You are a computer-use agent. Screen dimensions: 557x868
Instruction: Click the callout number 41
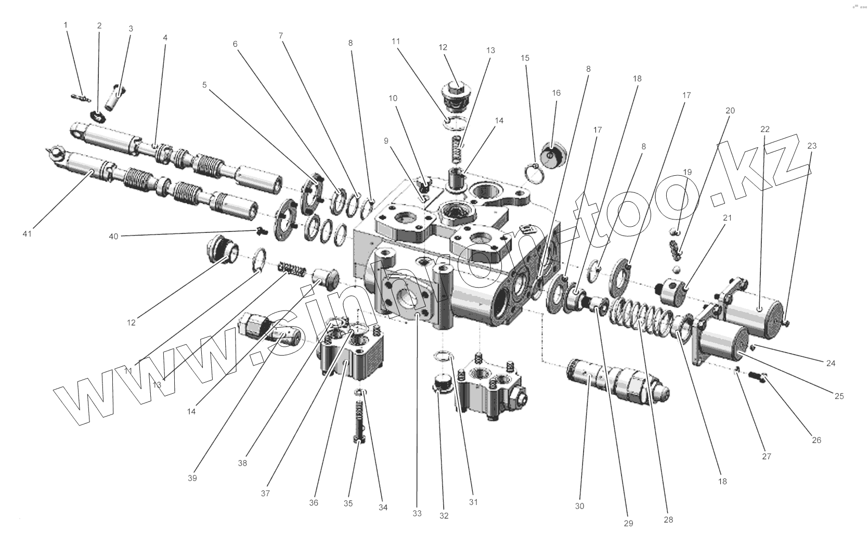pyautogui.click(x=27, y=234)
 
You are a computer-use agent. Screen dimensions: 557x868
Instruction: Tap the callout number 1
pyautogui.click(x=66, y=25)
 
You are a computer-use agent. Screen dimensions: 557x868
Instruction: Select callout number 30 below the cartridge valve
pyautogui.click(x=579, y=506)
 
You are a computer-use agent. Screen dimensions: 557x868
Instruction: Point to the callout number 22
pyautogui.click(x=765, y=129)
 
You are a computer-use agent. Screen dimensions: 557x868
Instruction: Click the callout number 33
pyautogui.click(x=417, y=513)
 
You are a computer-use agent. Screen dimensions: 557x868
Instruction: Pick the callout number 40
pyautogui.click(x=113, y=236)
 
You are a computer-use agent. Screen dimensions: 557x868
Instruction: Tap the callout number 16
pyautogui.click(x=556, y=93)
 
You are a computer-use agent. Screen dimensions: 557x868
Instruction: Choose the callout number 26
pyautogui.click(x=816, y=440)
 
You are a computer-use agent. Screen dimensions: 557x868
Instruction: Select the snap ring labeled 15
pyautogui.click(x=533, y=172)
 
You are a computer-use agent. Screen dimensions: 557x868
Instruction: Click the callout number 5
pyautogui.click(x=204, y=85)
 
